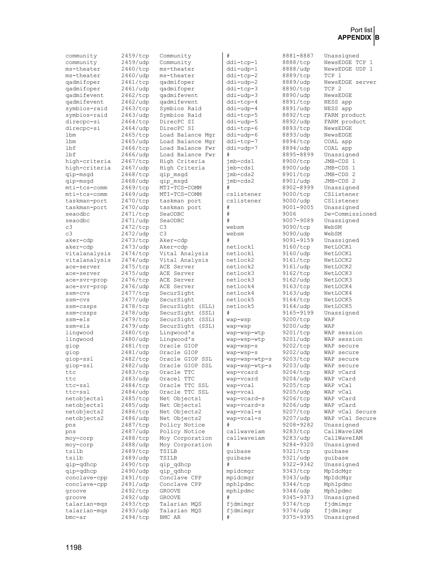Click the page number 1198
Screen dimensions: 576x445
point(74,548)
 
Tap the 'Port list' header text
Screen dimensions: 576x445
point(361,30)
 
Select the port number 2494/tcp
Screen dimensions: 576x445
point(135,517)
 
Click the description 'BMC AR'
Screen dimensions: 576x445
point(170,517)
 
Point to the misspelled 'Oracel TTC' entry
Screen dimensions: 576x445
point(177,379)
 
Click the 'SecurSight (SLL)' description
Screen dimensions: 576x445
point(187,306)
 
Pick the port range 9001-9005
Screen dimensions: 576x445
point(298,207)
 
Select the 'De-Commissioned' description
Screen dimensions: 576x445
point(350,214)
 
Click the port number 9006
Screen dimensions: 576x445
point(289,214)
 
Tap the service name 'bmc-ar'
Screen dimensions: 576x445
point(76,517)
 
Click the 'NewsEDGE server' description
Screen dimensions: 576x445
point(350,82)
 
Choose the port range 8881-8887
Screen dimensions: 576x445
point(298,56)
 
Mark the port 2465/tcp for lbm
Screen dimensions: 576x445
point(135,135)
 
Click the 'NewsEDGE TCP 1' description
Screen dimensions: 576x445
point(348,62)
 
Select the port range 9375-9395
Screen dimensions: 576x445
point(298,517)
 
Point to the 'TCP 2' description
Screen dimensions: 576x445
point(332,89)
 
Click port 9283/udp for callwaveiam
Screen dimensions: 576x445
point(296,438)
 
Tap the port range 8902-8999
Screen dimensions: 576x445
point(298,188)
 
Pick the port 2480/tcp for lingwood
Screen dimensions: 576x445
point(135,333)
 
